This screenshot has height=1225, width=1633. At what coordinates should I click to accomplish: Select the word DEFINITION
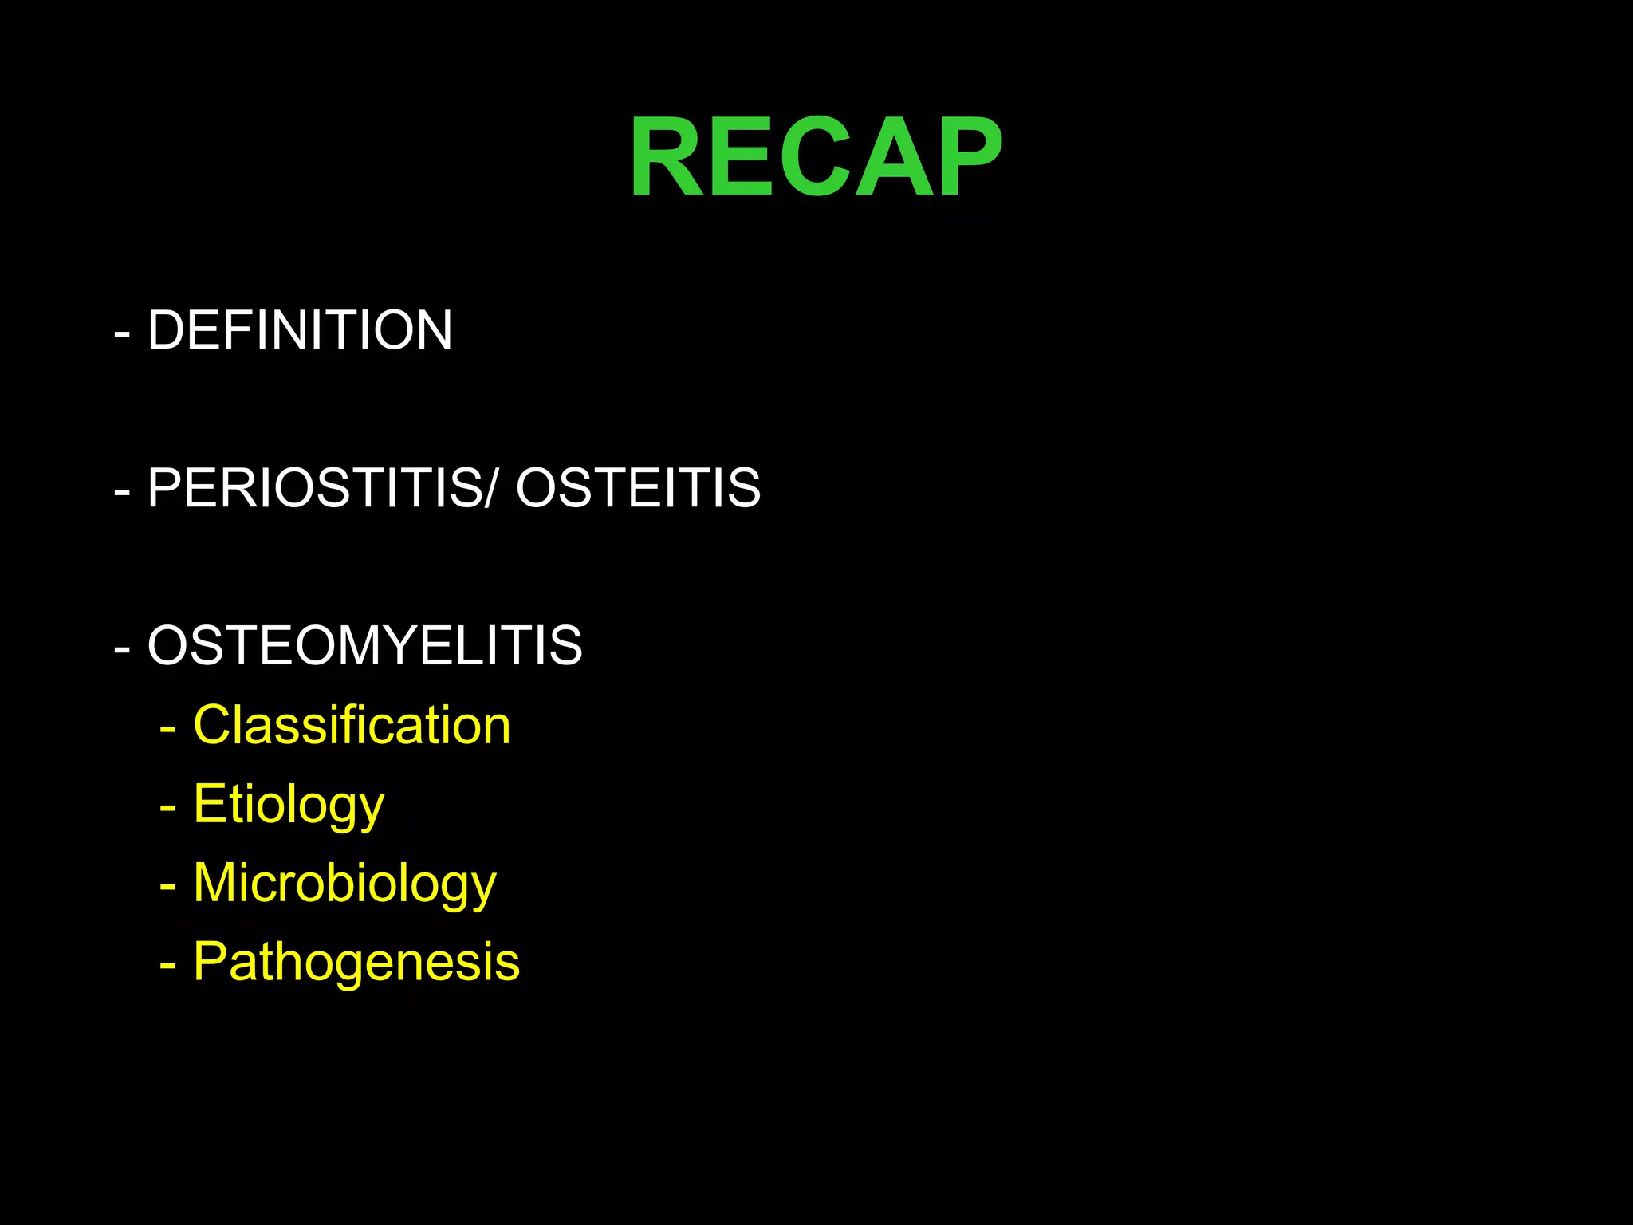300,330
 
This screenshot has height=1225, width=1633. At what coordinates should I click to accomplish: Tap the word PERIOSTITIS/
321,488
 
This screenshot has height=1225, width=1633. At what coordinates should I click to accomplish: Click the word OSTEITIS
638,488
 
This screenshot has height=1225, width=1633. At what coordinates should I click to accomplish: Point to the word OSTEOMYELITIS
364,645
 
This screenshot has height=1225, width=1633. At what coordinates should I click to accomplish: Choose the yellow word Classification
352,726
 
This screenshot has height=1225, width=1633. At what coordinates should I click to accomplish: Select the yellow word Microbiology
344,883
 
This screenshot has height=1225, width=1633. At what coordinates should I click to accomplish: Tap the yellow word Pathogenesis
356,962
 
